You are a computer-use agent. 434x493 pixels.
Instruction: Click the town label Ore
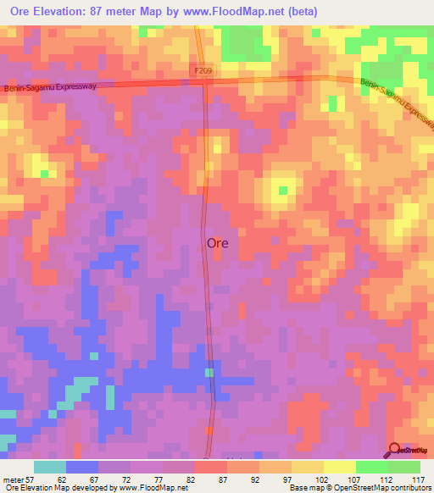[x=217, y=243]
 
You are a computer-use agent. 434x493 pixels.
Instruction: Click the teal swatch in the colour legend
[x=49, y=467]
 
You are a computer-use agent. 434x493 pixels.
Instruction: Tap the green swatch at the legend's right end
[x=404, y=467]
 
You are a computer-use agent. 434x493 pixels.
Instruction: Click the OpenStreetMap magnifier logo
[x=395, y=450]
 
